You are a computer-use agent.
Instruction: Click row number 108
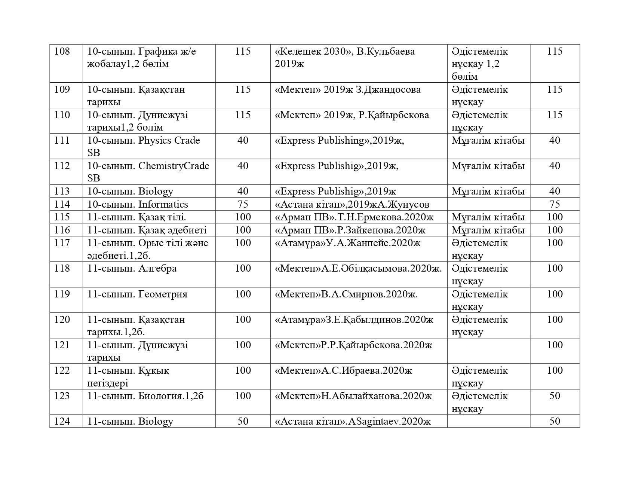tap(62, 51)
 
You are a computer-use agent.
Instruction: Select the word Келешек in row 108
tap(301, 51)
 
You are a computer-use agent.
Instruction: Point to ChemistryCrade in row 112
tap(174, 166)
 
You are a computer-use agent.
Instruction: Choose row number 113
tap(62, 191)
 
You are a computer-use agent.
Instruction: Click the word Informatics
tap(163, 204)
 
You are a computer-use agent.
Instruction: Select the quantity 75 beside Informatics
tap(243, 204)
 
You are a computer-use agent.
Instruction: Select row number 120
tap(62, 319)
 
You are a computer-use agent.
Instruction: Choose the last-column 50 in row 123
tap(555, 396)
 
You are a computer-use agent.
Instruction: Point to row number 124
tap(62, 421)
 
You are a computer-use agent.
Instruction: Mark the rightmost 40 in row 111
tap(555, 140)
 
